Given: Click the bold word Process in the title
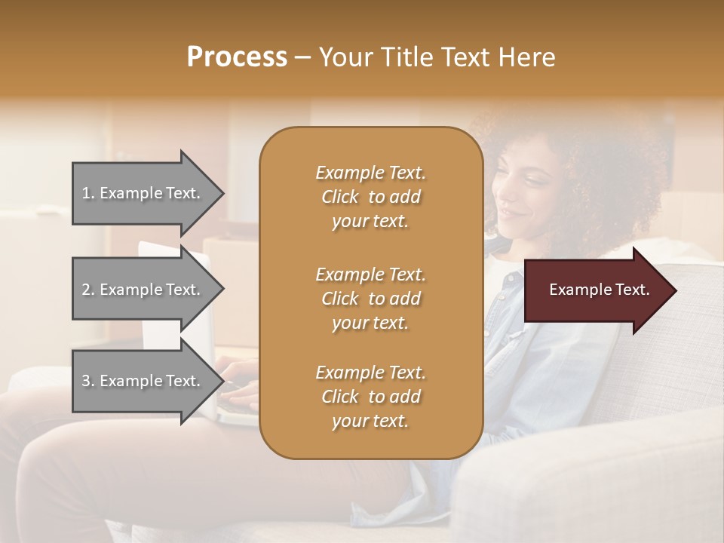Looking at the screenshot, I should (237, 57).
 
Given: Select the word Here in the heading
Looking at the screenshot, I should (526, 57).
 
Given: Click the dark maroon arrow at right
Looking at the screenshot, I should (593, 290).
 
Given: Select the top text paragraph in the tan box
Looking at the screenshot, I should (370, 197).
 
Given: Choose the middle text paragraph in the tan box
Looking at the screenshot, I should (370, 299).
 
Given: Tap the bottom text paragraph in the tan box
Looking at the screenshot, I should (370, 397).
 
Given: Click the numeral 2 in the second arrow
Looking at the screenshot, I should (85, 290).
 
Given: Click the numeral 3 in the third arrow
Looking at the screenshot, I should (85, 382).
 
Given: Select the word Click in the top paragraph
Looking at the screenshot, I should (339, 198).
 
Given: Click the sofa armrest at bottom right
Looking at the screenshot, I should (596, 483).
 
